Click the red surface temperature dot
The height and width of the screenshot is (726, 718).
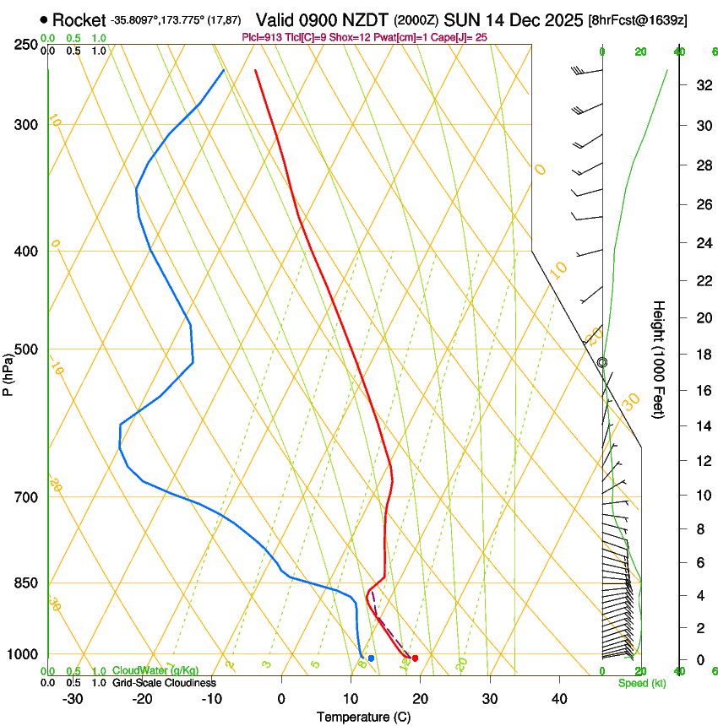[x=415, y=658]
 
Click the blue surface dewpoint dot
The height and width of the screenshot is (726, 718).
[x=371, y=658]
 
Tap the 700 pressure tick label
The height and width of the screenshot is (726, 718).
[x=26, y=497]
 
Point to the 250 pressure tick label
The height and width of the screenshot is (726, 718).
[x=26, y=45]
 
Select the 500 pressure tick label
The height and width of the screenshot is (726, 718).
[x=26, y=349]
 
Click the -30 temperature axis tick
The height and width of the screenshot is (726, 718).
[x=73, y=698]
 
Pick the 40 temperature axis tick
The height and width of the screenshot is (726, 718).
[x=558, y=698]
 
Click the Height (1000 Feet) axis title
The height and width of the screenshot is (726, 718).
[x=660, y=359]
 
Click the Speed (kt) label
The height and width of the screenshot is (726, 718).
[x=642, y=683]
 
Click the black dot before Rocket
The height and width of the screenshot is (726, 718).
[x=44, y=19]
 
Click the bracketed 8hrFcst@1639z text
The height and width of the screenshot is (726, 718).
[x=637, y=20]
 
